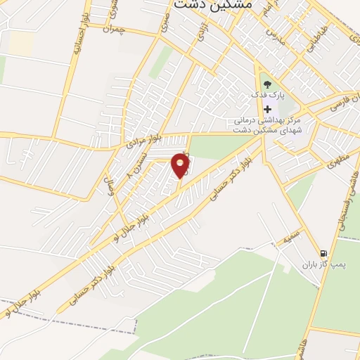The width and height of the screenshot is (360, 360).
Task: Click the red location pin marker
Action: [x=181, y=167]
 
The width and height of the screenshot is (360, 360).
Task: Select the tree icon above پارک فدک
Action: [x=266, y=84]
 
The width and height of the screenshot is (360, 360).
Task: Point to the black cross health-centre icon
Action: [x=267, y=110]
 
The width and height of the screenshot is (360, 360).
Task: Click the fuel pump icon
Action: [x=323, y=253]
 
